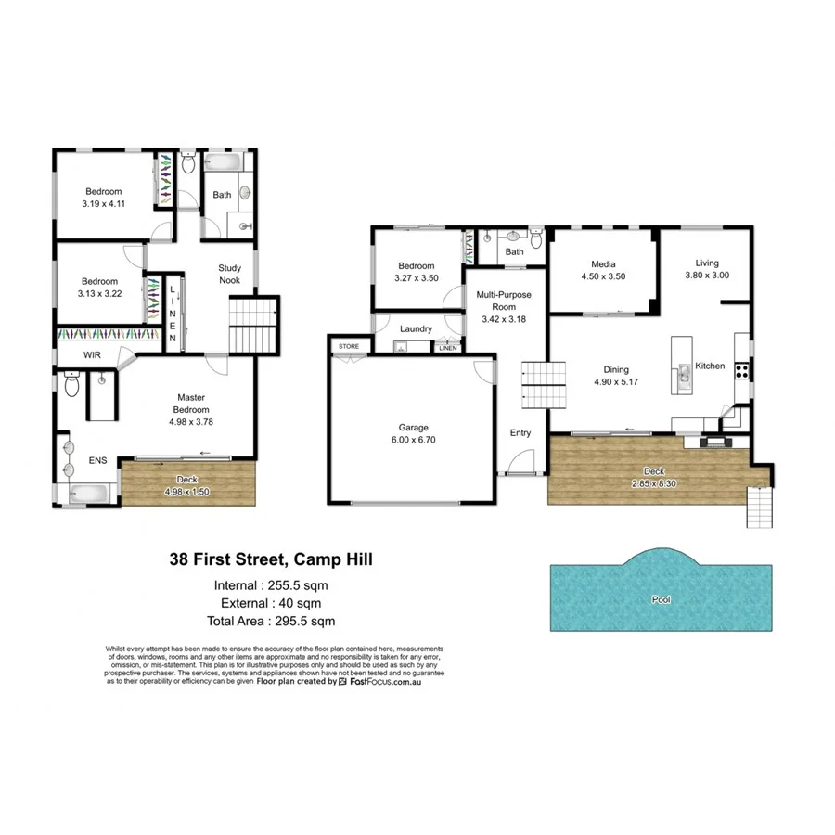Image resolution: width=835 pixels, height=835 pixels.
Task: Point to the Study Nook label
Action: tap(230, 274)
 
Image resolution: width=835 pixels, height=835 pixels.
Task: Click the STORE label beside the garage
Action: tap(349, 346)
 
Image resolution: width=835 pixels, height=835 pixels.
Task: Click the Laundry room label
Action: tap(417, 328)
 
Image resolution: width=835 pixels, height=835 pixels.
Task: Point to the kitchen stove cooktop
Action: tap(742, 370)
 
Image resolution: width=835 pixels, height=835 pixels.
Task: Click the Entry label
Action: tap(520, 433)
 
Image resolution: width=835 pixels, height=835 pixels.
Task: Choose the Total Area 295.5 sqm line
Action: tap(271, 621)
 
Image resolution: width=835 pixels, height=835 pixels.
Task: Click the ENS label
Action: tap(97, 459)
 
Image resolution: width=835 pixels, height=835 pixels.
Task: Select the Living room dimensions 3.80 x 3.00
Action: tap(708, 275)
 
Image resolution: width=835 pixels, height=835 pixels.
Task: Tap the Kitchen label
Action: tap(711, 366)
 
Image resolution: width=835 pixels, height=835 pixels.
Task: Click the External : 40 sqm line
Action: tap(271, 603)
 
